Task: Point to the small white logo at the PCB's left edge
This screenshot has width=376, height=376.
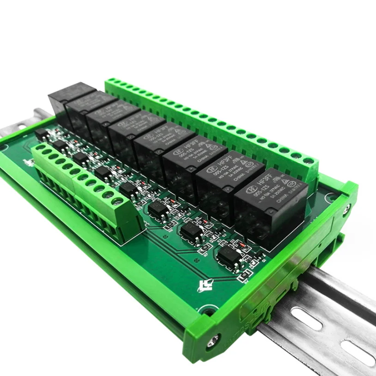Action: tap(26, 163)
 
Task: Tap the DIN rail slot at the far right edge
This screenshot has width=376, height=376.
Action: tap(358, 352)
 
